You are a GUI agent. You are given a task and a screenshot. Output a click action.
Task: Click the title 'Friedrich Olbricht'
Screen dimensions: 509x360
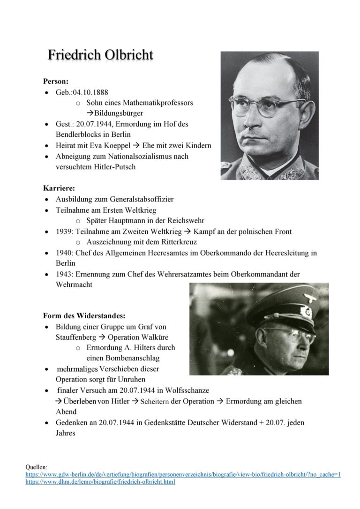pyautogui.click(x=100, y=55)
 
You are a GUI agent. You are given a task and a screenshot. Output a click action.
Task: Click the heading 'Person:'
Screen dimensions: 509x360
pyautogui.click(x=56, y=81)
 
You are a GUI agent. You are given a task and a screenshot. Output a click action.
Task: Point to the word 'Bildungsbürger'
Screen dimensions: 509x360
pyautogui.click(x=119, y=113)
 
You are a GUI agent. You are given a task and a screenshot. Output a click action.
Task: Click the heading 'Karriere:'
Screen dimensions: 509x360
pyautogui.click(x=59, y=188)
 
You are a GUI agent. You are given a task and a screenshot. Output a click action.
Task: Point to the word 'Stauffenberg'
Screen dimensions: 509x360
pyautogui.click(x=76, y=337)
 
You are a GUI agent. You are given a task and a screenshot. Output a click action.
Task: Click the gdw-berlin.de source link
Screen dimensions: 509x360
pyautogui.click(x=183, y=474)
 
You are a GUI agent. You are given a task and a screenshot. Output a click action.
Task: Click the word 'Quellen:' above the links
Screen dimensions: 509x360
pyautogui.click(x=36, y=467)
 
